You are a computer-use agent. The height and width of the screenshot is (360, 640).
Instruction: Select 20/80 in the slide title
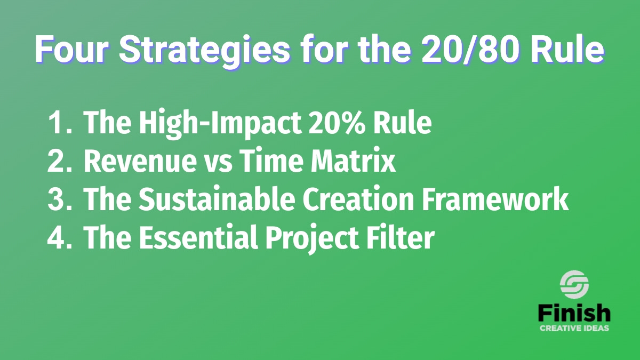(x=470, y=49)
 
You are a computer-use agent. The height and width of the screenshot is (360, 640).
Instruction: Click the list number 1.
(x=59, y=122)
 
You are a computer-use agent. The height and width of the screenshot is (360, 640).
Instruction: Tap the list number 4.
(x=59, y=238)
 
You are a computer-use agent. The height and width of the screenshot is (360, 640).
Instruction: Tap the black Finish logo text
(x=574, y=313)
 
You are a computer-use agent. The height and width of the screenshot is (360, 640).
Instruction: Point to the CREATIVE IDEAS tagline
(x=574, y=328)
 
